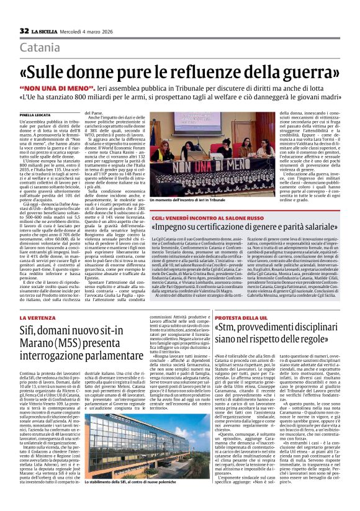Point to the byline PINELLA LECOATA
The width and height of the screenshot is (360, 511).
[x=36, y=115]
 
